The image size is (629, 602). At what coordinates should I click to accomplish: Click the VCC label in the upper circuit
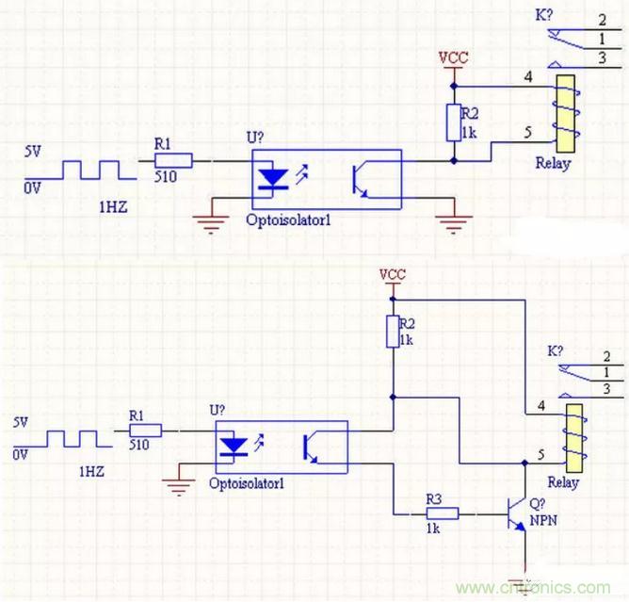click(x=454, y=57)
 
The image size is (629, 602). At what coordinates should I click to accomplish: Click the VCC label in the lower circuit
click(x=392, y=274)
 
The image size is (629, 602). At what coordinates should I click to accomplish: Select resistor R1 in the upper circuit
click(x=176, y=160)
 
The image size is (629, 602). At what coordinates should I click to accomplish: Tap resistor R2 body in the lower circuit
click(x=392, y=332)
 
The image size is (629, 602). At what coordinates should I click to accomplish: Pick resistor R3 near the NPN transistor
click(x=444, y=513)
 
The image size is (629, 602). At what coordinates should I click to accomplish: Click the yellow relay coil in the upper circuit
click(x=565, y=115)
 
